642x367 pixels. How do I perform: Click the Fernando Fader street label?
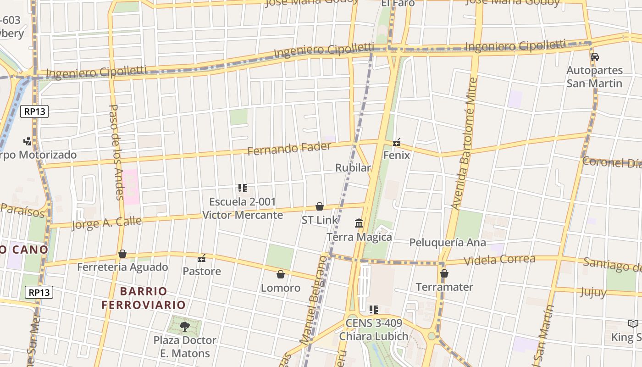(289, 149)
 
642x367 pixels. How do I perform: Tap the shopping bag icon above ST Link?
(320, 206)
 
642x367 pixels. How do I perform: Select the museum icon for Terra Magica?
(359, 223)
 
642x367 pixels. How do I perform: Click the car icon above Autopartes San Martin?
(595, 57)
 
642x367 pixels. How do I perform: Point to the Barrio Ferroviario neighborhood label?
(144, 298)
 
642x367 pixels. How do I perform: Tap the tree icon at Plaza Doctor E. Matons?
(184, 327)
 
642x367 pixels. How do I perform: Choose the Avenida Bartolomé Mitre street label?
(465, 144)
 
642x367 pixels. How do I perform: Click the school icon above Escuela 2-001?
(243, 188)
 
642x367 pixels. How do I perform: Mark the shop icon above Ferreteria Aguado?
(122, 254)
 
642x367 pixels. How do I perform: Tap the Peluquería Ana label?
(447, 242)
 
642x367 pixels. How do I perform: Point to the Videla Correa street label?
(499, 260)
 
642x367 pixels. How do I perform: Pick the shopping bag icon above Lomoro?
(281, 274)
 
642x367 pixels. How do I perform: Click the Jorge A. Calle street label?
(106, 223)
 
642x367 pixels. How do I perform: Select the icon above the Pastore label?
(202, 258)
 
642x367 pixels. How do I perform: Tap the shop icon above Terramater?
(444, 274)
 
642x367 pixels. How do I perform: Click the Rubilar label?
(353, 168)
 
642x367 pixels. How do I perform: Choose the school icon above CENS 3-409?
(374, 310)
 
